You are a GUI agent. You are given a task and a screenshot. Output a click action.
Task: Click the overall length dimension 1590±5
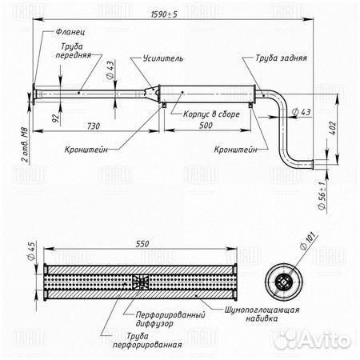(x=164, y=14)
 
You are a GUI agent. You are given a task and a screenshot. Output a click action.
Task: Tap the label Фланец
(x=70, y=32)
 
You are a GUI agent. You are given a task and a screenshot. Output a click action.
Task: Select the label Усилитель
(x=163, y=58)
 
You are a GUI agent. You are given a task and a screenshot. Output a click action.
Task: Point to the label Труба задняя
(x=281, y=58)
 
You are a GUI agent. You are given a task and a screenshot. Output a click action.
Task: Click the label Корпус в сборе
(x=211, y=114)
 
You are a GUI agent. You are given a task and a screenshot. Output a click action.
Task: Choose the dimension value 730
(x=94, y=126)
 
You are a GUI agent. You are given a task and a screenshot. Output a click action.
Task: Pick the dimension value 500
(x=206, y=126)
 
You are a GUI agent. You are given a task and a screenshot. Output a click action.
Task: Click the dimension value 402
(x=333, y=128)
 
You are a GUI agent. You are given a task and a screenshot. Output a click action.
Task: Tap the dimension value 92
(x=55, y=118)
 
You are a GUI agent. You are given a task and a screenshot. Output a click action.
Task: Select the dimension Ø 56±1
(x=322, y=195)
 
